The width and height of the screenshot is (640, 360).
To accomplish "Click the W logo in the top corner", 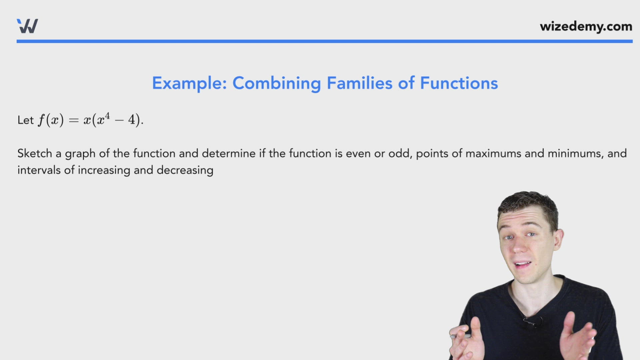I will pyautogui.click(x=27, y=26).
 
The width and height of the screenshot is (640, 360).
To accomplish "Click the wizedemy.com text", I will pyautogui.click(x=586, y=26).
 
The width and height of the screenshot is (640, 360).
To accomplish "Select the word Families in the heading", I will pyautogui.click(x=359, y=83).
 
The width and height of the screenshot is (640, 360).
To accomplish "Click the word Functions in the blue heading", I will pyautogui.click(x=459, y=83).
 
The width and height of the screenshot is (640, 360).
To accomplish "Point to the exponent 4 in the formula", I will pyautogui.click(x=107, y=116).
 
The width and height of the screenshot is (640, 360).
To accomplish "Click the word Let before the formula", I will pyautogui.click(x=25, y=120).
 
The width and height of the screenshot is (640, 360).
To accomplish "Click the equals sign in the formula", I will pyautogui.click(x=73, y=120).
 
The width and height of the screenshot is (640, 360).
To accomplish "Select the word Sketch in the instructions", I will pyautogui.click(x=35, y=154).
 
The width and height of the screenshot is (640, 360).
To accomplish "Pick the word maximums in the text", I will pyautogui.click(x=493, y=154).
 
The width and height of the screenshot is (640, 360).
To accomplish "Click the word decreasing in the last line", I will pyautogui.click(x=185, y=170).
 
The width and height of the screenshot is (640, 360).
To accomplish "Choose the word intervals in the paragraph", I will pyautogui.click(x=39, y=170).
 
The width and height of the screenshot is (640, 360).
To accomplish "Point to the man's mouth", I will pyautogui.click(x=522, y=265).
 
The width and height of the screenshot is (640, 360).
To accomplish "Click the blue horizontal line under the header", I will pyautogui.click(x=324, y=41).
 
